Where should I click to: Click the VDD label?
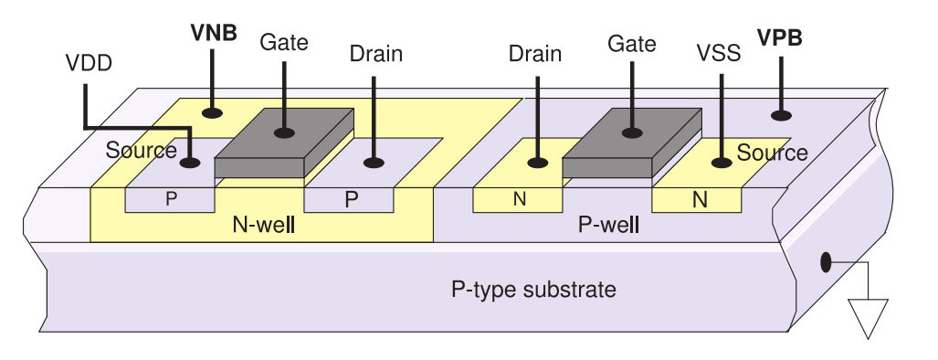pos(89,63)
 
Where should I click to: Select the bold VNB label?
pos(214,33)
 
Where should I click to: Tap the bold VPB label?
pos(779,37)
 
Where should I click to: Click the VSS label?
pos(719,53)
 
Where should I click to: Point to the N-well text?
pos(263,225)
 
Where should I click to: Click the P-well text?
pos(608,225)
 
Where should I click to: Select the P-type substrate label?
pos(533,290)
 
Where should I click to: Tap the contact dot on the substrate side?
pos(826,262)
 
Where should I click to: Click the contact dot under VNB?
pos(212,112)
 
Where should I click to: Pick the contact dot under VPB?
pos(781,115)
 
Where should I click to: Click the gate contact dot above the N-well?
pos(284,132)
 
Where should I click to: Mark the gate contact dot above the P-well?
pos(632,132)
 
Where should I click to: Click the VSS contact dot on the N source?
pos(722,162)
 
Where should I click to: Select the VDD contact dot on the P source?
pos(190,162)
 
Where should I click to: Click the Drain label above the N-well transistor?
pos(375,54)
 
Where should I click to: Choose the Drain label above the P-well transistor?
pos(535,54)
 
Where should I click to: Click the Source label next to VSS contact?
pos(772,154)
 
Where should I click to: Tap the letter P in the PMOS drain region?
pos(352,200)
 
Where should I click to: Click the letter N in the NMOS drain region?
pos(520,199)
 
